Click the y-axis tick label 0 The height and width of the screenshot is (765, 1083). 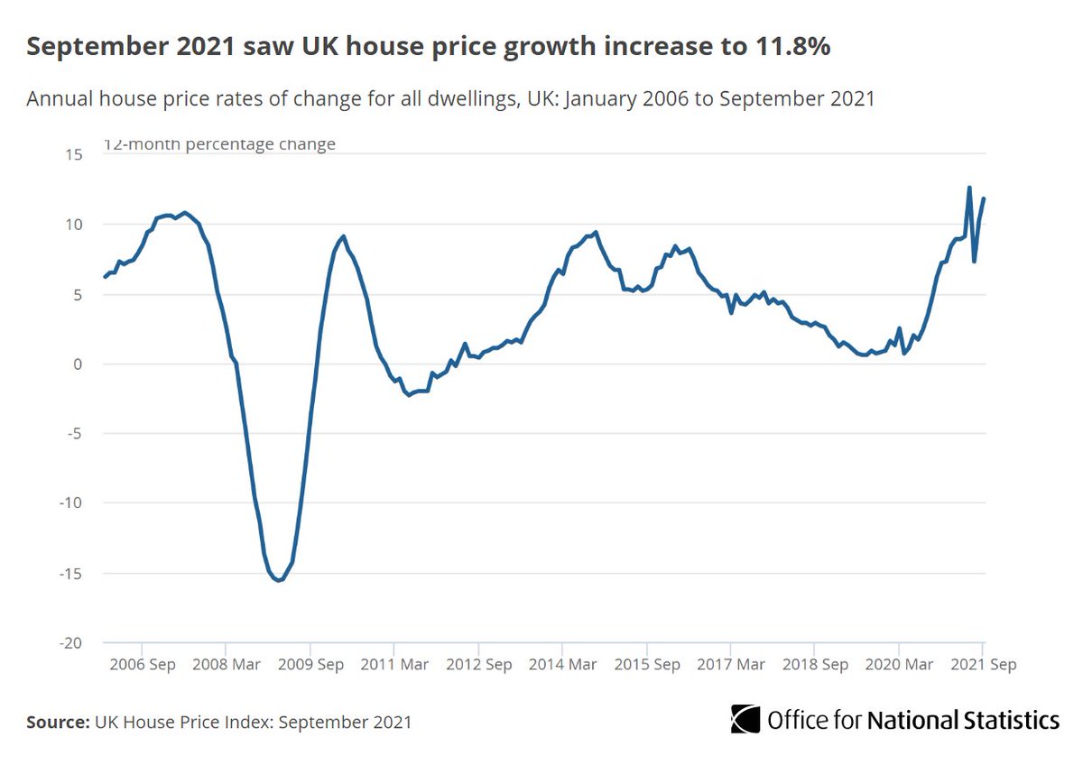click(79, 364)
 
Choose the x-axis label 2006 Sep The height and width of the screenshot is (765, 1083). click(142, 664)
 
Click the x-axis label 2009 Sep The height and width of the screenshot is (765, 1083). click(310, 664)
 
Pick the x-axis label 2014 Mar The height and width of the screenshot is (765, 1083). click(561, 664)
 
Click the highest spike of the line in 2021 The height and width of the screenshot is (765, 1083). click(968, 188)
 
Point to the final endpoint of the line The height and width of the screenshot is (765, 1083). click(984, 198)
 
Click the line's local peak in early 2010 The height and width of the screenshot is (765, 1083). click(344, 236)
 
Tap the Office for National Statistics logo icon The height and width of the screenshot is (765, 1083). click(745, 719)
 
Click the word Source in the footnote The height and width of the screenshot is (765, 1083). click(56, 722)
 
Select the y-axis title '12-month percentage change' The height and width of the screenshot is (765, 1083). click(219, 144)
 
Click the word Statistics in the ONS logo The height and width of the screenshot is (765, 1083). click(1008, 720)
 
